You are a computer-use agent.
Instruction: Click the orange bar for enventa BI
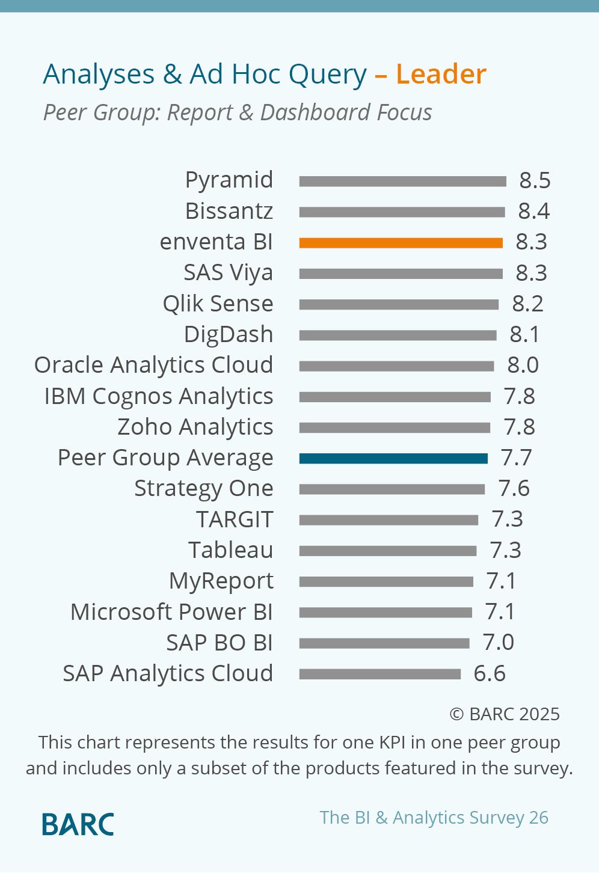(x=401, y=243)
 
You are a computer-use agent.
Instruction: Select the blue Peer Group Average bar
(x=393, y=459)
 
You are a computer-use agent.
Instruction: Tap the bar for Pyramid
(x=402, y=182)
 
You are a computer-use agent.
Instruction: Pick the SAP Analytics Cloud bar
(x=380, y=675)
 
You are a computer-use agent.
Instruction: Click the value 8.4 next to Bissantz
(x=533, y=212)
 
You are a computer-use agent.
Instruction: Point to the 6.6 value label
(x=490, y=674)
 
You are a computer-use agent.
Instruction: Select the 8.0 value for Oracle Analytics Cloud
(x=523, y=366)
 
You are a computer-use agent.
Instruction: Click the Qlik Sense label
(x=218, y=304)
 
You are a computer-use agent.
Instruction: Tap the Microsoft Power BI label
(x=171, y=612)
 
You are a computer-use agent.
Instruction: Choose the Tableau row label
(x=230, y=550)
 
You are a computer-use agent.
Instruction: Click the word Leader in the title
(x=441, y=75)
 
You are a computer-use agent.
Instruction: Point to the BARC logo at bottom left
(x=78, y=824)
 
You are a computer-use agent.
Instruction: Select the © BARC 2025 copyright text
(x=505, y=714)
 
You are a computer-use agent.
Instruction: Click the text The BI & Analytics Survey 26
(x=434, y=818)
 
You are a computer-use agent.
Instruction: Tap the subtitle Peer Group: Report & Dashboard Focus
(x=238, y=112)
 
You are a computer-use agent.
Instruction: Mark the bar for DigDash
(x=398, y=335)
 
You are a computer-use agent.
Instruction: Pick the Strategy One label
(x=203, y=489)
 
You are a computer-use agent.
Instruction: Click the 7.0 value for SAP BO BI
(x=498, y=643)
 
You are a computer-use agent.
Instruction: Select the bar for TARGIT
(x=389, y=520)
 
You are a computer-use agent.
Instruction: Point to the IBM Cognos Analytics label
(x=159, y=397)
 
